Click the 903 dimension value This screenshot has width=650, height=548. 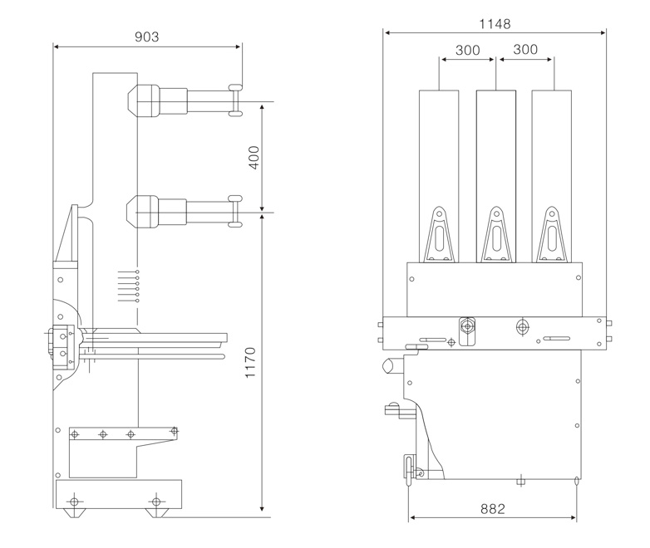(147, 37)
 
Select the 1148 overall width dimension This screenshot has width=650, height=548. (495, 24)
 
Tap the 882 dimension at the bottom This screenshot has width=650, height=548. (493, 509)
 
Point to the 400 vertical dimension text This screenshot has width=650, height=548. (254, 158)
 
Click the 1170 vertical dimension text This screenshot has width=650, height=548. (250, 363)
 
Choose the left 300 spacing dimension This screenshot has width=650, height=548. (468, 50)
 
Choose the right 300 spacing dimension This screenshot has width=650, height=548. (525, 49)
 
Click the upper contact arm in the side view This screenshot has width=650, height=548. (185, 100)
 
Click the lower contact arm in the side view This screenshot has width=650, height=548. (185, 212)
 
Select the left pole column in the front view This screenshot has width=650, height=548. (439, 176)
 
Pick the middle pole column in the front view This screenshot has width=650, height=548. (496, 176)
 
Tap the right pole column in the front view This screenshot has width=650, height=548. (552, 176)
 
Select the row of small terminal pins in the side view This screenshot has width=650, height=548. (129, 286)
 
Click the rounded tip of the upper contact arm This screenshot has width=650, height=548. (235, 100)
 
